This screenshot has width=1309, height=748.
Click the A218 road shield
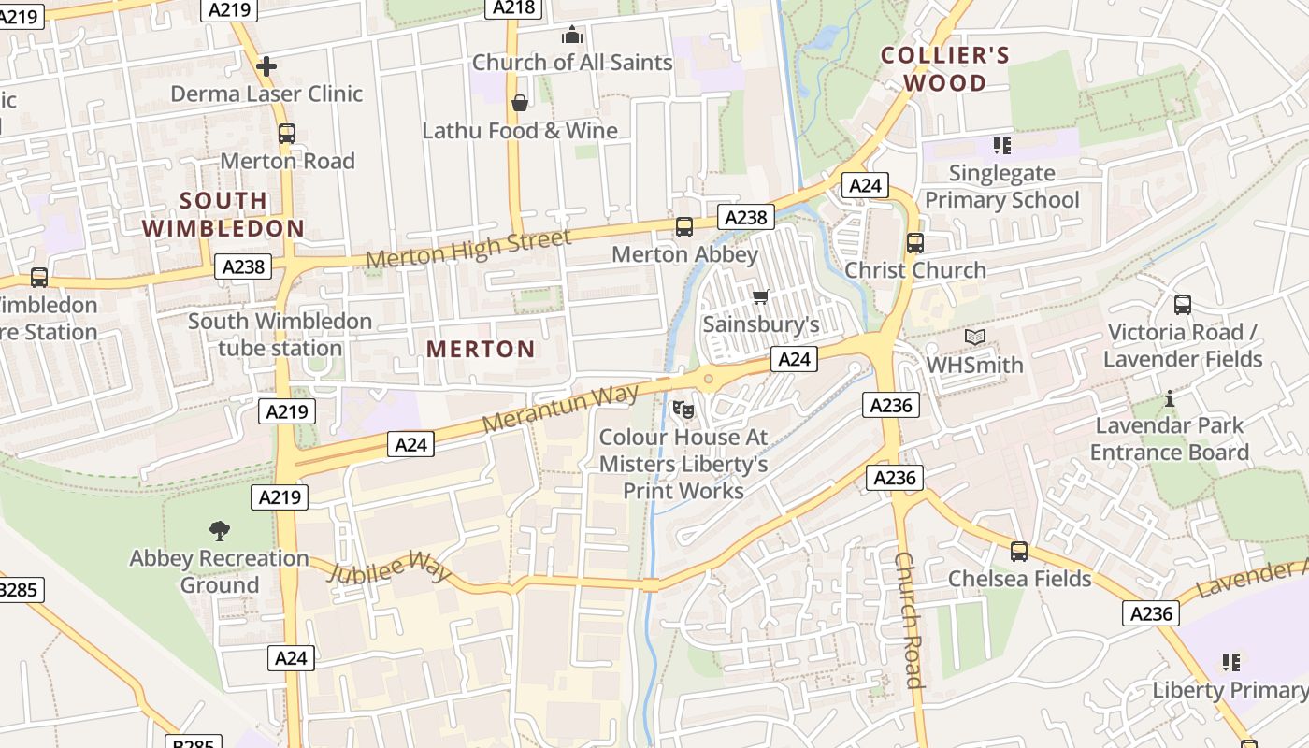[x=513, y=7]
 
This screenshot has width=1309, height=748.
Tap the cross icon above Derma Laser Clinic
[x=266, y=65]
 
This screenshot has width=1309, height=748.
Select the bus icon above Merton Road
[x=287, y=134]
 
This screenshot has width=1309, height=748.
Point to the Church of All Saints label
[x=572, y=63]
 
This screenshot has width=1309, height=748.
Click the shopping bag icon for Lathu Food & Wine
[x=519, y=102]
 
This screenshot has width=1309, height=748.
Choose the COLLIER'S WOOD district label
[x=945, y=69]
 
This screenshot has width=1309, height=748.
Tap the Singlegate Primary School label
[x=1001, y=186]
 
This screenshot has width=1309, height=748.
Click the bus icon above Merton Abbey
[x=684, y=227]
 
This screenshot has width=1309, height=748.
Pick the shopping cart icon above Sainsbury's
[x=760, y=297]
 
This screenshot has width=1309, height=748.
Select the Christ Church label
[x=915, y=270]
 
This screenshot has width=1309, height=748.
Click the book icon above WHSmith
[x=975, y=337]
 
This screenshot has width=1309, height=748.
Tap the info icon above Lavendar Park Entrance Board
[x=1169, y=399]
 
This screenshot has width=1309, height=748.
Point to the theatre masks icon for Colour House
[x=683, y=409]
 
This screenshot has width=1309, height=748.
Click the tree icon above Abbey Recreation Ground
[x=220, y=531]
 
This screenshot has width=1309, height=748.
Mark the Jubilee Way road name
[x=389, y=565]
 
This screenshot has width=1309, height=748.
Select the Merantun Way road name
[x=560, y=408]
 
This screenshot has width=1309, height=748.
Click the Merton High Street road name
[x=467, y=249]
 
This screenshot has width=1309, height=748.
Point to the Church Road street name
[x=910, y=619]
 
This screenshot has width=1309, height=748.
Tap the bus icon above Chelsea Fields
[x=1019, y=552]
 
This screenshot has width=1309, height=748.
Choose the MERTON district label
[x=481, y=350]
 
